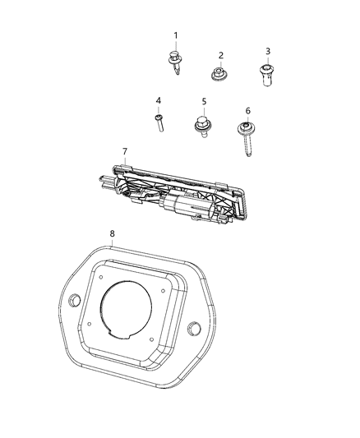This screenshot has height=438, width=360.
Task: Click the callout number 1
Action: point(175,35)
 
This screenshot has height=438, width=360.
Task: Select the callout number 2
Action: point(221,55)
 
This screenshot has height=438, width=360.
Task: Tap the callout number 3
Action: point(268,51)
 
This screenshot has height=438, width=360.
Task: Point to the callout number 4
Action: point(158,100)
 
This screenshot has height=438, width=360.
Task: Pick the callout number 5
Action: point(203,101)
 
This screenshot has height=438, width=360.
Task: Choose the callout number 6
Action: point(247,110)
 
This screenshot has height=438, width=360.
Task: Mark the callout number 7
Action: point(124,152)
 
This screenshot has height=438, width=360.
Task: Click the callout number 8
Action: point(112,233)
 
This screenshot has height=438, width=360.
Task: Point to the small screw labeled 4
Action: point(158,123)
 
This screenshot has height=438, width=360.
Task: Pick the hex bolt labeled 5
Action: point(202,127)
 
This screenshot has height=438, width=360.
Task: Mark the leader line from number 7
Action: point(126,161)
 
